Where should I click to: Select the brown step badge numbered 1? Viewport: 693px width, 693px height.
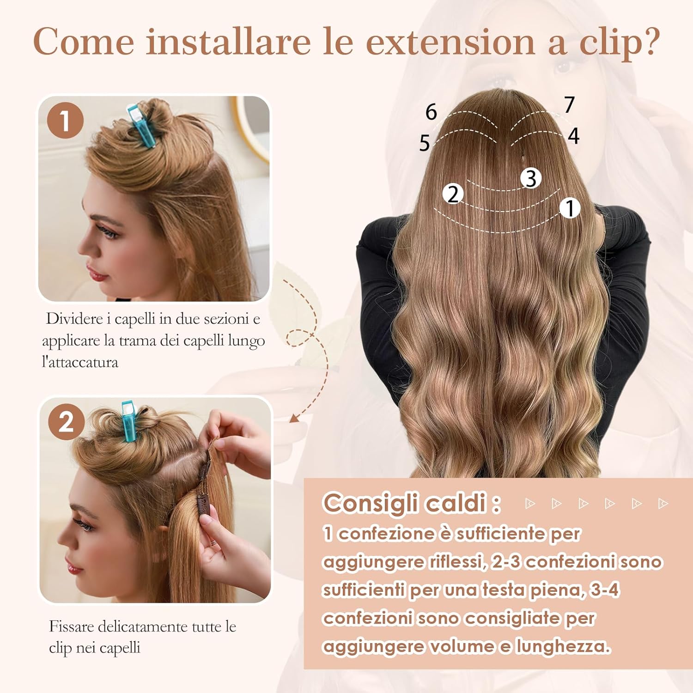click(65, 121)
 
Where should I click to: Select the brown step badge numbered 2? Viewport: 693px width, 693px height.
click(66, 422)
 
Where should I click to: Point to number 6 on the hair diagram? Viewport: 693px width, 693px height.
click(431, 112)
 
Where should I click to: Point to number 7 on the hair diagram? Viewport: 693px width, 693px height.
click(569, 104)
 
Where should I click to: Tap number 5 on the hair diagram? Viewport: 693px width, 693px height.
click(425, 143)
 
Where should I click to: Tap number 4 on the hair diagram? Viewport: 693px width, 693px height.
click(573, 136)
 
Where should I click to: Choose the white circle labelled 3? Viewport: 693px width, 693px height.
click(531, 178)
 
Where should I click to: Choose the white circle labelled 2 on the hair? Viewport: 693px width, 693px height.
click(453, 194)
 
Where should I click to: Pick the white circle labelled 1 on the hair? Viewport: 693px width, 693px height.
click(570, 208)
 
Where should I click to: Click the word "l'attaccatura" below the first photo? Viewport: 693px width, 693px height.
click(80, 362)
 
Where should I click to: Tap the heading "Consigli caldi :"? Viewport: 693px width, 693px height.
click(412, 503)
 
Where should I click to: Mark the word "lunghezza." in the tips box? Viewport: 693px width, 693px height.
click(563, 646)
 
